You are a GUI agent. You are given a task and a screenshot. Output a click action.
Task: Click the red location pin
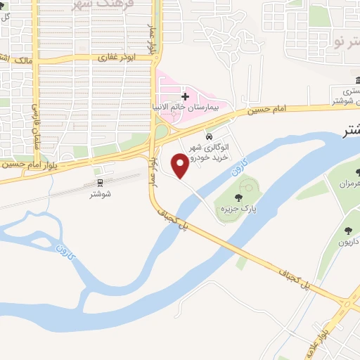181,165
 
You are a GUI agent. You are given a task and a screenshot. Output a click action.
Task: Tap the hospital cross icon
185,96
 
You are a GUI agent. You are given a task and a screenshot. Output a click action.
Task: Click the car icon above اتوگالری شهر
209,136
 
